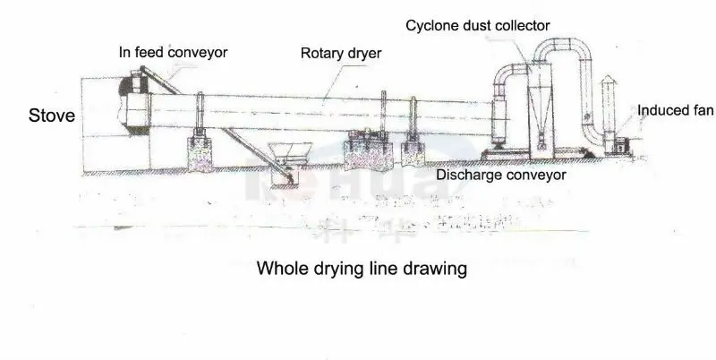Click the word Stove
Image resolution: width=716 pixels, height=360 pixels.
[51, 116]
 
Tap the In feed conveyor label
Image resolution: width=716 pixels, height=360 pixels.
[174, 52]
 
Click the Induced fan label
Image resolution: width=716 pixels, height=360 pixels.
[675, 110]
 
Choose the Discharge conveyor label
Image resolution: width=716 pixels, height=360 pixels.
[501, 175]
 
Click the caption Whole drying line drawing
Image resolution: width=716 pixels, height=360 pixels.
[362, 268]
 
